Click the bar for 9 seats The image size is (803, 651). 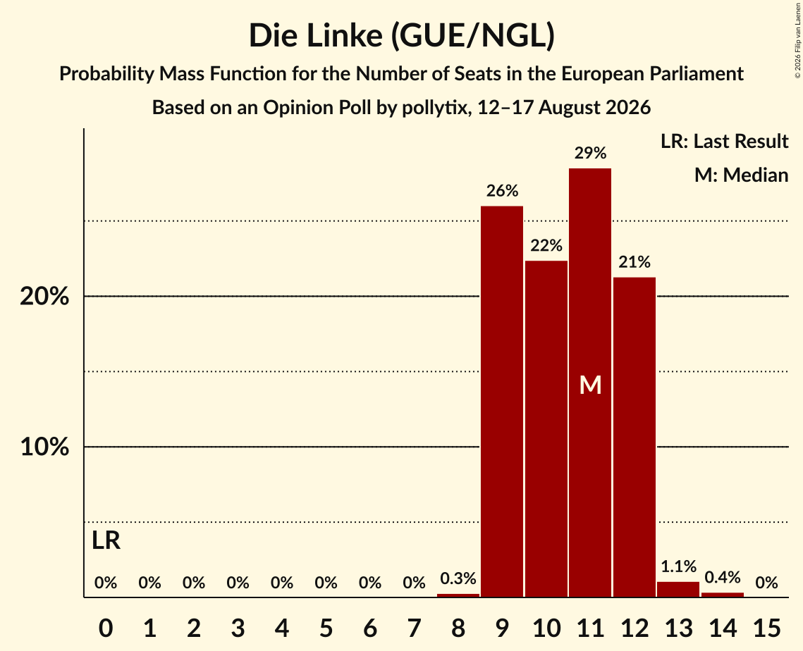pyautogui.click(x=502, y=402)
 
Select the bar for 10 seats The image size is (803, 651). pyautogui.click(x=546, y=429)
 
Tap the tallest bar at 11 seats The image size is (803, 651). pyautogui.click(x=590, y=383)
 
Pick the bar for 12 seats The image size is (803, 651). pyautogui.click(x=634, y=437)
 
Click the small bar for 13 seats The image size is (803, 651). pyautogui.click(x=678, y=589)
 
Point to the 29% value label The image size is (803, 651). pyautogui.click(x=590, y=153)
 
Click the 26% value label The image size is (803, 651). pyautogui.click(x=502, y=191)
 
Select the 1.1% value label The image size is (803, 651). pyautogui.click(x=678, y=566)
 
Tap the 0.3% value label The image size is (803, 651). pyautogui.click(x=458, y=578)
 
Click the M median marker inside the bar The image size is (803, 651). pyautogui.click(x=590, y=385)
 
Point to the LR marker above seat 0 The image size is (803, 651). pyautogui.click(x=106, y=540)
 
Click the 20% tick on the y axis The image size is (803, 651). pyautogui.click(x=44, y=297)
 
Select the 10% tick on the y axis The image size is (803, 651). pyautogui.click(x=44, y=447)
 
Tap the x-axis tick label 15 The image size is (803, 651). pyautogui.click(x=766, y=628)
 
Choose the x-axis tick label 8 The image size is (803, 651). pyautogui.click(x=458, y=628)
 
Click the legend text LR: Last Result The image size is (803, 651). pyautogui.click(x=724, y=141)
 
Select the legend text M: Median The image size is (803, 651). pyautogui.click(x=741, y=175)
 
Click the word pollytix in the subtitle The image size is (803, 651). pyautogui.click(x=436, y=108)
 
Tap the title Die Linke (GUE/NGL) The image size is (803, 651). pyautogui.click(x=402, y=36)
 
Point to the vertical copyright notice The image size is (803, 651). pyautogui.click(x=797, y=40)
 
